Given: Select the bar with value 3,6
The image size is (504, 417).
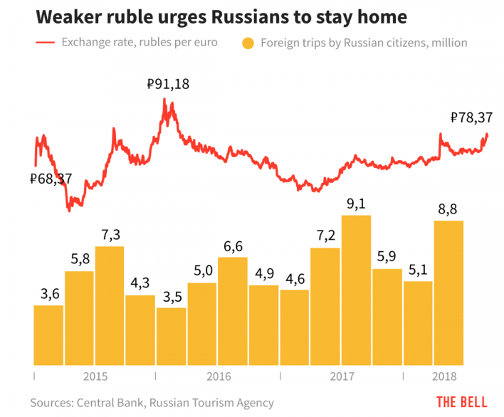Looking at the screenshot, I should pyautogui.click(x=48, y=335).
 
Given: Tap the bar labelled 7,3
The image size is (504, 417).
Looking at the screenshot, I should pyautogui.click(x=110, y=306).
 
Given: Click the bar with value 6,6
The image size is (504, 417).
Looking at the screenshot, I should pyautogui.click(x=233, y=311).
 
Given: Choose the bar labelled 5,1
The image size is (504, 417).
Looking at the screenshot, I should pyautogui.click(x=417, y=323).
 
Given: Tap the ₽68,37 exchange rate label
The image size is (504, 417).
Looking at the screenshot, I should pyautogui.click(x=51, y=179).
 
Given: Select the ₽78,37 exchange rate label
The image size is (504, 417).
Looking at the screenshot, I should pyautogui.click(x=471, y=118).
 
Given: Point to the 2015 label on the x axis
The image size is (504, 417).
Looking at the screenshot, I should pyautogui.click(x=95, y=376).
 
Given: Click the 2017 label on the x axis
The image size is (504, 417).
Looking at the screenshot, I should pyautogui.click(x=342, y=376).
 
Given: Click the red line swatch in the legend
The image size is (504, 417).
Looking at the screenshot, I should pyautogui.click(x=45, y=43).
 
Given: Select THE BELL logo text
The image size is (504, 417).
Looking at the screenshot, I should pyautogui.click(x=461, y=401).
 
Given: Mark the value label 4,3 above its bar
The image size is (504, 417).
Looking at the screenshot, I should pyautogui.click(x=140, y=283).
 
